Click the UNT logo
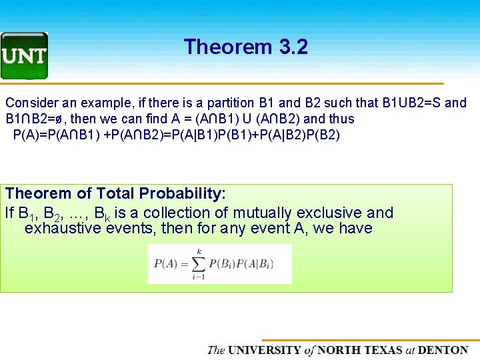[24, 55]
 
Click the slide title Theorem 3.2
[245, 47]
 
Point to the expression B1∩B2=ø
[34, 119]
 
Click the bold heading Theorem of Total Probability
[115, 194]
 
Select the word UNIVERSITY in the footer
[265, 350]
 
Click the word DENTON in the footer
[443, 350]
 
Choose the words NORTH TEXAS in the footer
[360, 350]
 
